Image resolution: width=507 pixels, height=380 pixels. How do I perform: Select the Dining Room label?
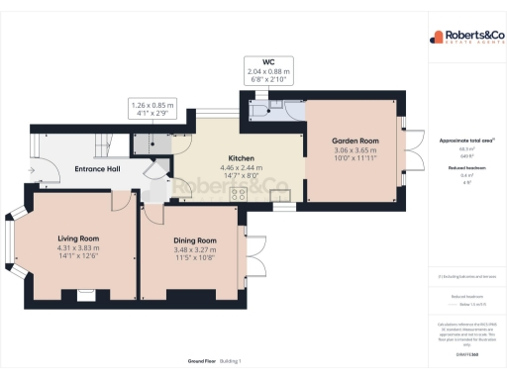pyautogui.click(x=194, y=240)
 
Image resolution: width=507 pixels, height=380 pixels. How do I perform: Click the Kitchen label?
pyautogui.click(x=243, y=158)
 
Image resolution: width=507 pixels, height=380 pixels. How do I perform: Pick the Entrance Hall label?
pyautogui.click(x=97, y=169)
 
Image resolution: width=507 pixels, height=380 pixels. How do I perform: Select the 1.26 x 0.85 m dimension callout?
pyautogui.click(x=152, y=109)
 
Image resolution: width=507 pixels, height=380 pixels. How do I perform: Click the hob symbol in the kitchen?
pyautogui.click(x=239, y=195)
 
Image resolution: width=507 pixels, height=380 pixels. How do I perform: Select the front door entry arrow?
pyautogui.click(x=33, y=169)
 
